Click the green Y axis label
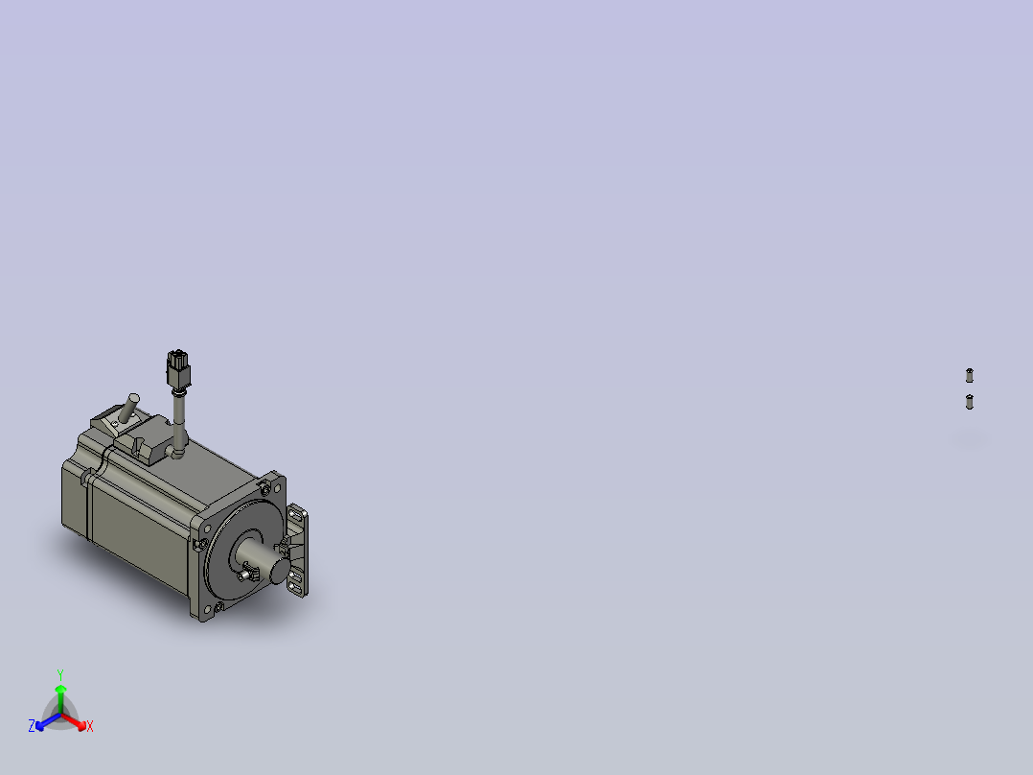click(59, 674)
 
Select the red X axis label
click(90, 727)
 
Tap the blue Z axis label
click(32, 726)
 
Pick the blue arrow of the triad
click(43, 721)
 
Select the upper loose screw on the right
click(969, 374)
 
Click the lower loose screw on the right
click(969, 401)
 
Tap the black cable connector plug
click(178, 369)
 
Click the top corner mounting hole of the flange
click(264, 489)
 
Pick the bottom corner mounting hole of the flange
click(219, 606)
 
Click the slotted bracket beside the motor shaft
click(299, 552)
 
